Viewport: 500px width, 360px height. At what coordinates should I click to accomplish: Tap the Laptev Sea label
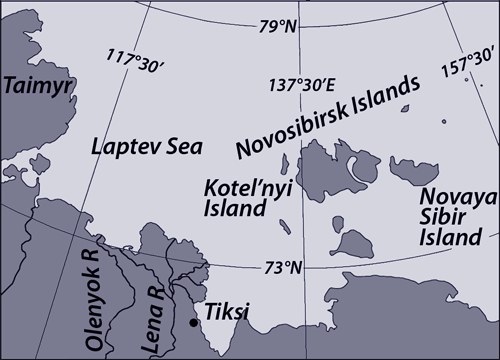pyautogui.click(x=146, y=147)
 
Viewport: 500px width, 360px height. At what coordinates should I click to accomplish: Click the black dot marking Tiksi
pyautogui.click(x=192, y=322)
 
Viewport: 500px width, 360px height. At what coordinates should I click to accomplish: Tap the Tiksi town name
pyautogui.click(x=226, y=314)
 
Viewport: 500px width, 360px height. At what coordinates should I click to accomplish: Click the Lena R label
pyautogui.click(x=154, y=321)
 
